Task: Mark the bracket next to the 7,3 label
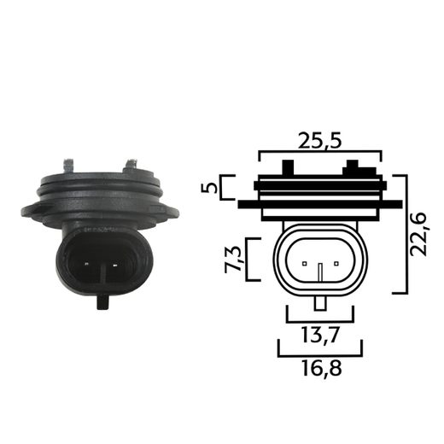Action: pos(248,258)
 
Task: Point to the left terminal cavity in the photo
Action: pos(86,262)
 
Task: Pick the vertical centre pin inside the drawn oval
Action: pos(320,271)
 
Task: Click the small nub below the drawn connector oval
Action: pos(320,302)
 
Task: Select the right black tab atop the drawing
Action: pos(350,170)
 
